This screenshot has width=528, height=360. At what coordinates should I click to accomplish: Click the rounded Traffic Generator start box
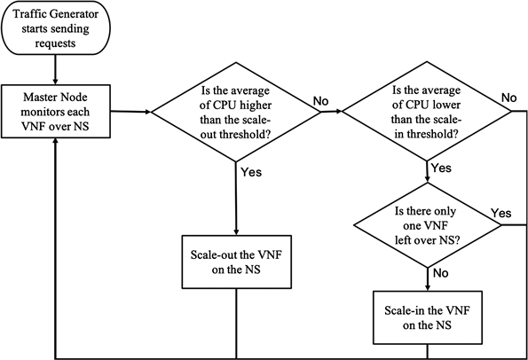(55, 27)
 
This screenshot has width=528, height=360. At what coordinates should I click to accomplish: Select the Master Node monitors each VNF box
(55, 111)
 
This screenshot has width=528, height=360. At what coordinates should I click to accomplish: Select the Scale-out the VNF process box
(235, 261)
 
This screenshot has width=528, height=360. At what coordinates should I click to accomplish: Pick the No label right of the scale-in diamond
(508, 97)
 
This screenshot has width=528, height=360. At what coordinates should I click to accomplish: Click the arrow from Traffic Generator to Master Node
(55, 68)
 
